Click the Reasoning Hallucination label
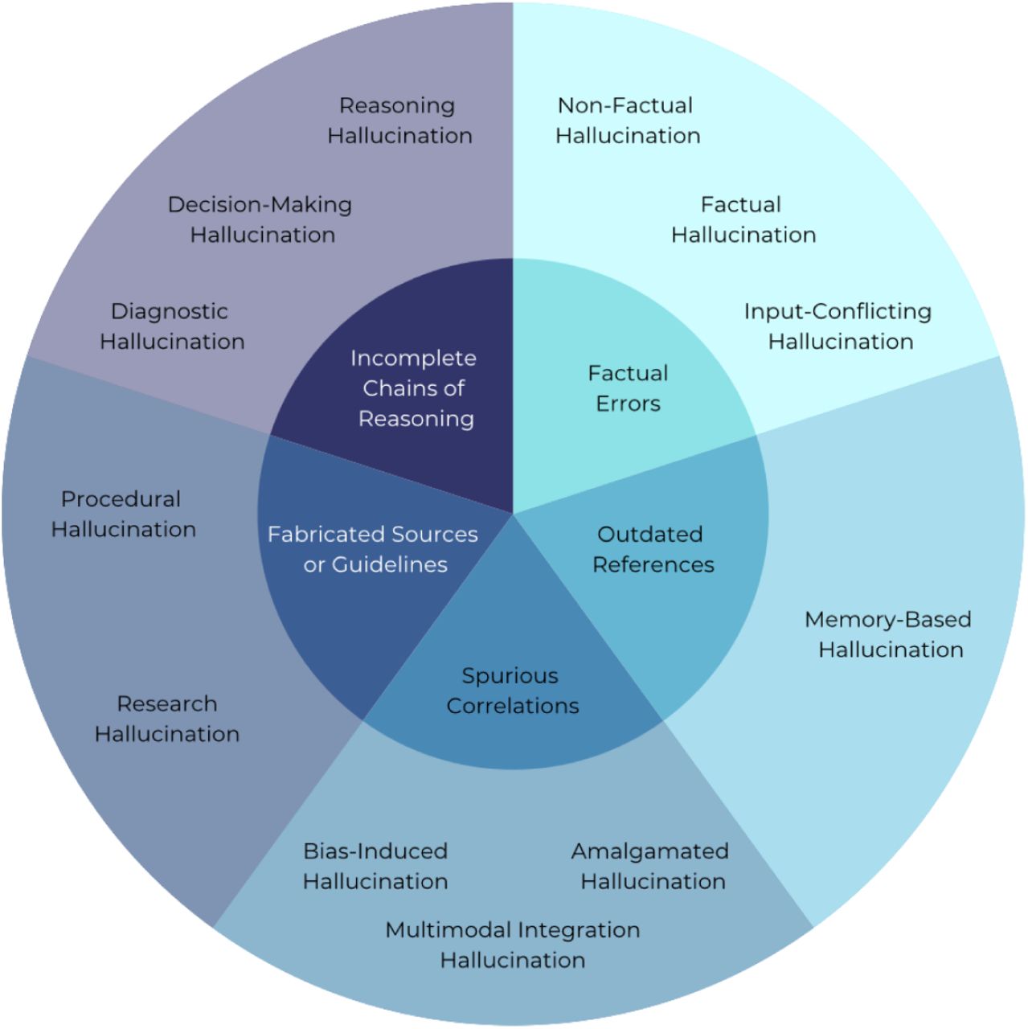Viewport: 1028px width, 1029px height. tap(399, 121)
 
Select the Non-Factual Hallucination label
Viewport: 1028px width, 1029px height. tap(627, 121)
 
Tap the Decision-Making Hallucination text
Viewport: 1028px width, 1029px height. tap(260, 219)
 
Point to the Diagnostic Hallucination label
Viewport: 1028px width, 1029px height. tap(171, 326)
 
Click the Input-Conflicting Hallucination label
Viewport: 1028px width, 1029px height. tap(838, 326)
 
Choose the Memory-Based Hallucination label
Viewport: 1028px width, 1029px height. tap(889, 634)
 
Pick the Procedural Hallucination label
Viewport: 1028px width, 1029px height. tap(123, 514)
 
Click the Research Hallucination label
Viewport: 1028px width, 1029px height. tap(167, 719)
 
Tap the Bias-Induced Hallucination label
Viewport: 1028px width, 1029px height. tap(375, 866)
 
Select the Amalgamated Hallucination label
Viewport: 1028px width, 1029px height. tap(651, 866)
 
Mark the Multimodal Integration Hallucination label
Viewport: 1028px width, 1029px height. tap(513, 945)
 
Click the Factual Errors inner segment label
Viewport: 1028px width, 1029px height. tap(628, 388)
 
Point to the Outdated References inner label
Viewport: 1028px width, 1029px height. tap(652, 549)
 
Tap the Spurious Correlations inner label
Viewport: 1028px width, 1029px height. tap(512, 691)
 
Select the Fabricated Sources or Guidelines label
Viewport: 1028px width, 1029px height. tap(374, 549)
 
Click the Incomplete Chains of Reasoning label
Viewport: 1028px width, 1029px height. tap(414, 388)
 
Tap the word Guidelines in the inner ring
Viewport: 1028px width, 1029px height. tap(390, 564)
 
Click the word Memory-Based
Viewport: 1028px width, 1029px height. tap(888, 620)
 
